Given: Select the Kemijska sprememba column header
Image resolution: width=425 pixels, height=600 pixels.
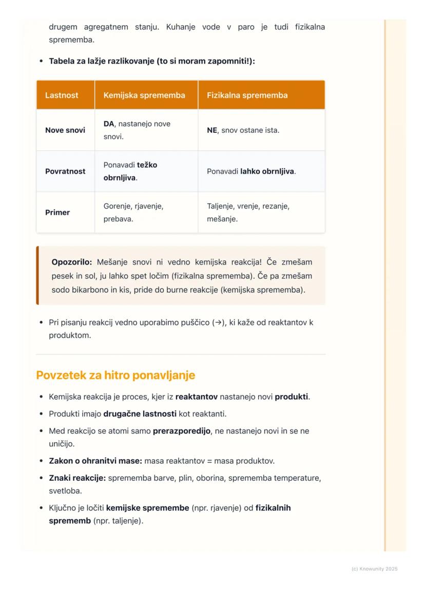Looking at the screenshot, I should point(144,95).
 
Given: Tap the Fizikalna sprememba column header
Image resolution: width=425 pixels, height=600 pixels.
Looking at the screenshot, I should point(247,95).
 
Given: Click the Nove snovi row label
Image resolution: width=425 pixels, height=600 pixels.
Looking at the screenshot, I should point(65,130).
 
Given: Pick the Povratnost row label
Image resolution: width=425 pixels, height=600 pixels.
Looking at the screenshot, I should point(65,171).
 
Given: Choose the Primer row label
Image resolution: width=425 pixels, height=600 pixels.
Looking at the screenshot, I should point(57,213).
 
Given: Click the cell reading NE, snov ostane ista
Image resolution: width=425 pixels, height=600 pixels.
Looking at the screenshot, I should point(243,130).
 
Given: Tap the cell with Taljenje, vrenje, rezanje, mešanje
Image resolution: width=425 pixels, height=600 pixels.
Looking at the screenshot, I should point(248,213).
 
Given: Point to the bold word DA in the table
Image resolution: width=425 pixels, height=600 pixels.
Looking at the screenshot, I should point(109,124).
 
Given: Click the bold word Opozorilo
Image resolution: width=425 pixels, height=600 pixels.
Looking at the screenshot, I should point(71,262).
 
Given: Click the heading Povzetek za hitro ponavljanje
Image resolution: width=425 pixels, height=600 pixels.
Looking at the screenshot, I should point(115,375).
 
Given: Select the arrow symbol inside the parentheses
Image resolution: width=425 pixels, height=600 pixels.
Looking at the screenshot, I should point(217,323).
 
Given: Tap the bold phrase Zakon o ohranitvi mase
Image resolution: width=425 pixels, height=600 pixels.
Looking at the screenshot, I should point(95,461).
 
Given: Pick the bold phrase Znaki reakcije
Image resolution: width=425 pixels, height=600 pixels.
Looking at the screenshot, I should point(78,478).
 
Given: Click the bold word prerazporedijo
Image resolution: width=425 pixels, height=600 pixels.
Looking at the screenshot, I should point(182,431).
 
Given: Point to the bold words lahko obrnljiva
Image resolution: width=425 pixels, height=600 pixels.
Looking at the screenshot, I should point(267,171).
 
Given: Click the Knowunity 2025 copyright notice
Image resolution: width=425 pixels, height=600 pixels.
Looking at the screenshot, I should point(374,569).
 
